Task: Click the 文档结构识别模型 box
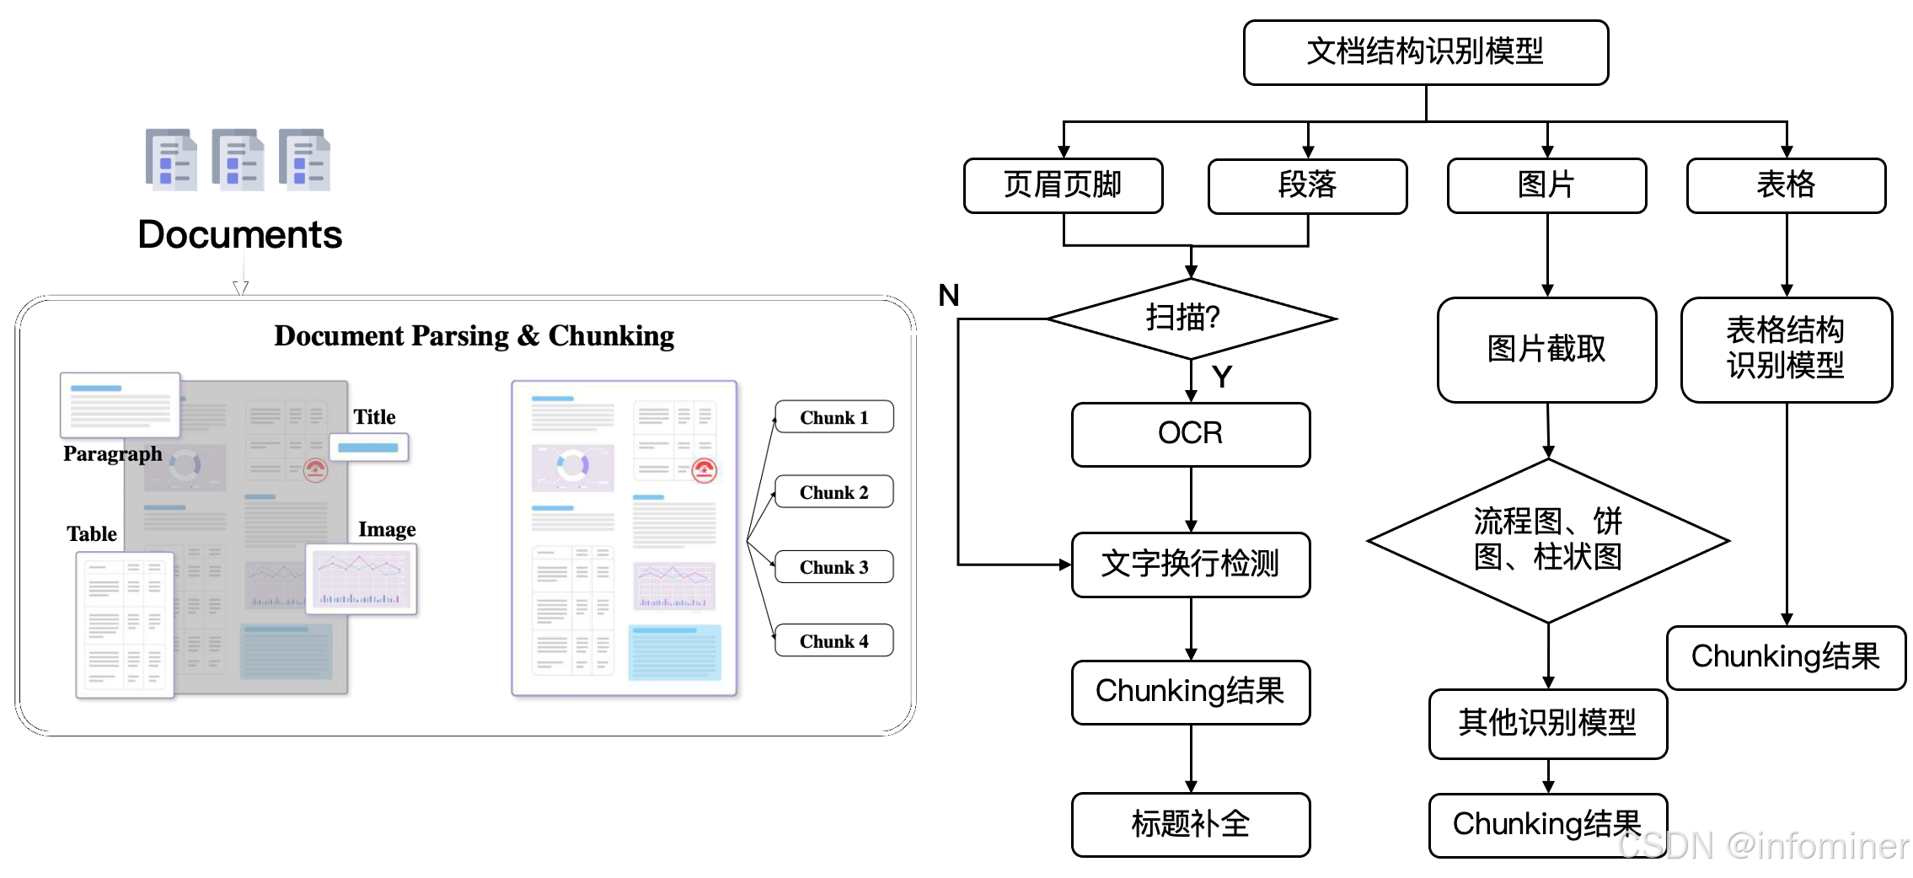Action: pos(1425,52)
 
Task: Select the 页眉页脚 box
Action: pos(1063,185)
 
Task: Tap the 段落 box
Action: pos(1307,185)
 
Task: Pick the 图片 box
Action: pos(1546,185)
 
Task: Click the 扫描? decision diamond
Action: pos(1190,319)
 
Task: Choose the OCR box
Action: pos(1190,434)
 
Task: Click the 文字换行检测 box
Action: pos(1190,564)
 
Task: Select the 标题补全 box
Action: pos(1190,824)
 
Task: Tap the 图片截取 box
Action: pos(1546,349)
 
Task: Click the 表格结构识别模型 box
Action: pos(1786,349)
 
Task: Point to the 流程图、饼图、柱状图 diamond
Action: pos(1548,540)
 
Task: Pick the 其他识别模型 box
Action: pos(1547,723)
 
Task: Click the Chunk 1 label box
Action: pos(833,417)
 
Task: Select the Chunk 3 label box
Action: pos(833,567)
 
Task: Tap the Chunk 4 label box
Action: pos(833,641)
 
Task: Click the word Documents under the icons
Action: pos(240,235)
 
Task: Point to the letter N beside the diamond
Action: pos(949,296)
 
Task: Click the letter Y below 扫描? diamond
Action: pos(1222,377)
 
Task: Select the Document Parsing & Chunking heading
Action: pos(474,336)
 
